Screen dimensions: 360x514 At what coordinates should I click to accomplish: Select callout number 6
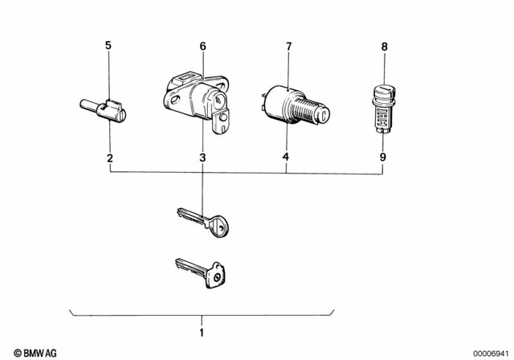tap(202, 47)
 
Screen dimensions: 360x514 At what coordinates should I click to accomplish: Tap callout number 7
tap(288, 47)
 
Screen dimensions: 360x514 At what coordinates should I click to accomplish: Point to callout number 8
tap(384, 47)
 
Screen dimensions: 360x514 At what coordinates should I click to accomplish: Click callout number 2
tap(108, 157)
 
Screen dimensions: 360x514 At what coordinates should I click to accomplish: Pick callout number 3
tap(202, 157)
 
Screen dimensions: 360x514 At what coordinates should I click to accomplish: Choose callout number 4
tap(286, 157)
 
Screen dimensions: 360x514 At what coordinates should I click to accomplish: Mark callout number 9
tap(384, 157)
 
